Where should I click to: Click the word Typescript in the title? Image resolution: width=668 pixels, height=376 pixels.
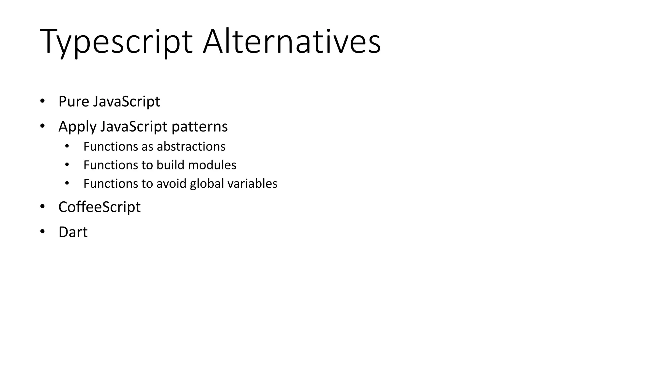pos(116,42)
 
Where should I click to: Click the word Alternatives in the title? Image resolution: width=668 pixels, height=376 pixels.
pos(292,42)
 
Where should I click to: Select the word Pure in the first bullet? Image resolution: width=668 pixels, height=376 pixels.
pos(74,102)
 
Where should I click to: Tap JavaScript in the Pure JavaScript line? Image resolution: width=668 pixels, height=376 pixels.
pos(127,102)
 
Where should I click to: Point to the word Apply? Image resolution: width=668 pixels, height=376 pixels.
pos(77,127)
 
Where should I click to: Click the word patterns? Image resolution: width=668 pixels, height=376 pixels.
pos(200,127)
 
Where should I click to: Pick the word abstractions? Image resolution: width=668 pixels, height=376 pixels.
pos(191,147)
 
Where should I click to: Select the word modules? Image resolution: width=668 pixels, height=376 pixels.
pos(212,165)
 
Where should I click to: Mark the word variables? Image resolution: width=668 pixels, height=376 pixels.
pos(252,184)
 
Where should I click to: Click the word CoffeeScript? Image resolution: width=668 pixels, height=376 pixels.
pos(99,207)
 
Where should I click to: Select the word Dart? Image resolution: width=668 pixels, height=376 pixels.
pos(73,232)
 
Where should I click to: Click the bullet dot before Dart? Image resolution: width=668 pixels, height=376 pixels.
pos(42,232)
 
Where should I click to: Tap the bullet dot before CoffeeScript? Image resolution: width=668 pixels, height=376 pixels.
pos(42,207)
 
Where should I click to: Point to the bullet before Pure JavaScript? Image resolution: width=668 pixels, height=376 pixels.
pos(42,101)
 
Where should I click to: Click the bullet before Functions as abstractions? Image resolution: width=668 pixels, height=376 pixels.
pos(67,146)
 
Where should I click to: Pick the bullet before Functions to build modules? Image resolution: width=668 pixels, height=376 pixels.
pos(67,165)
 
